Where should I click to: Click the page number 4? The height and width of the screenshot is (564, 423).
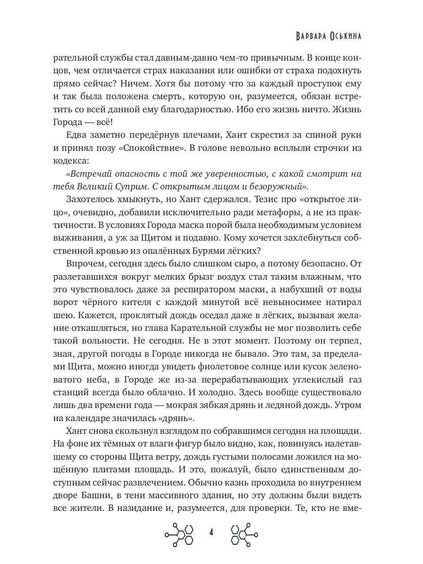211,533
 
